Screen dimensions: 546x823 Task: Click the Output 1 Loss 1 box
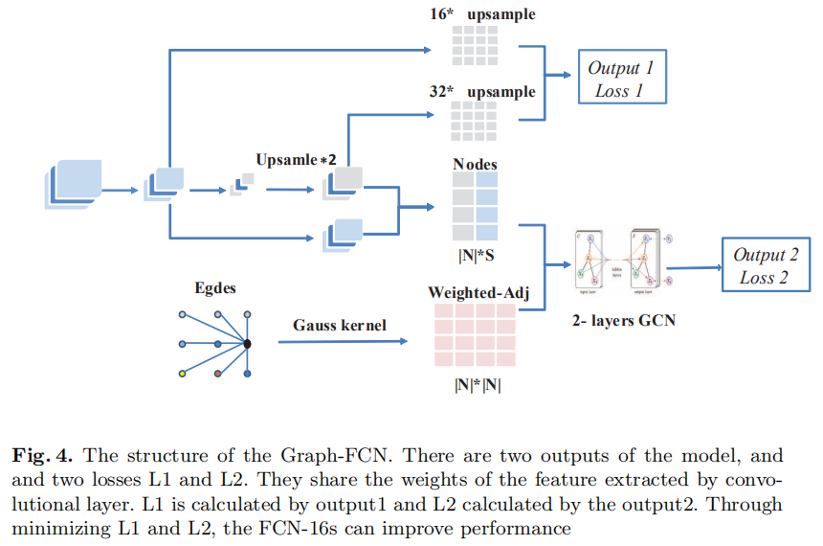tap(621, 79)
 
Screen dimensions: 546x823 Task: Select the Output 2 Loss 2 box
tap(767, 265)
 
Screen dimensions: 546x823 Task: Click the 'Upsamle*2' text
tap(296, 158)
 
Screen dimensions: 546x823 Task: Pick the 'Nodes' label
tap(475, 164)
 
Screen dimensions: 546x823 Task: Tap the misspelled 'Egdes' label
tap(215, 286)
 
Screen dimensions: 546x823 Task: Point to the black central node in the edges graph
tap(247, 344)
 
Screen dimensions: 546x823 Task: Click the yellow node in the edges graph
tap(182, 374)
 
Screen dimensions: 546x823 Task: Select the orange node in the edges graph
tap(218, 371)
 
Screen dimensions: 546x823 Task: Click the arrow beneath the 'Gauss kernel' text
tap(339, 342)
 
